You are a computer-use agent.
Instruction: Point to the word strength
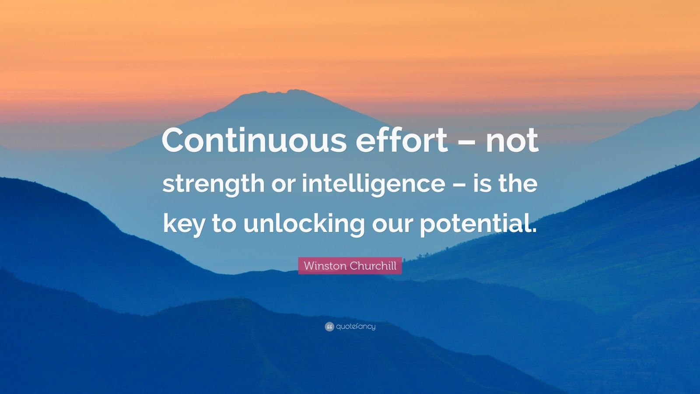pos(213,184)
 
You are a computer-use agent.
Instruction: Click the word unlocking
pos(304,224)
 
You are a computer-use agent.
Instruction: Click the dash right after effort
pos(467,143)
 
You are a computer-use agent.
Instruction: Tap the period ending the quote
pos(533,230)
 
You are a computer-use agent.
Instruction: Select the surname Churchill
pos(373,266)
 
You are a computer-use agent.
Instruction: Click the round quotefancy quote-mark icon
pos(329,327)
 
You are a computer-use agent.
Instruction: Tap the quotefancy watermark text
pos(356,327)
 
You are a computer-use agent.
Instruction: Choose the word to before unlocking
pos(224,225)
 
